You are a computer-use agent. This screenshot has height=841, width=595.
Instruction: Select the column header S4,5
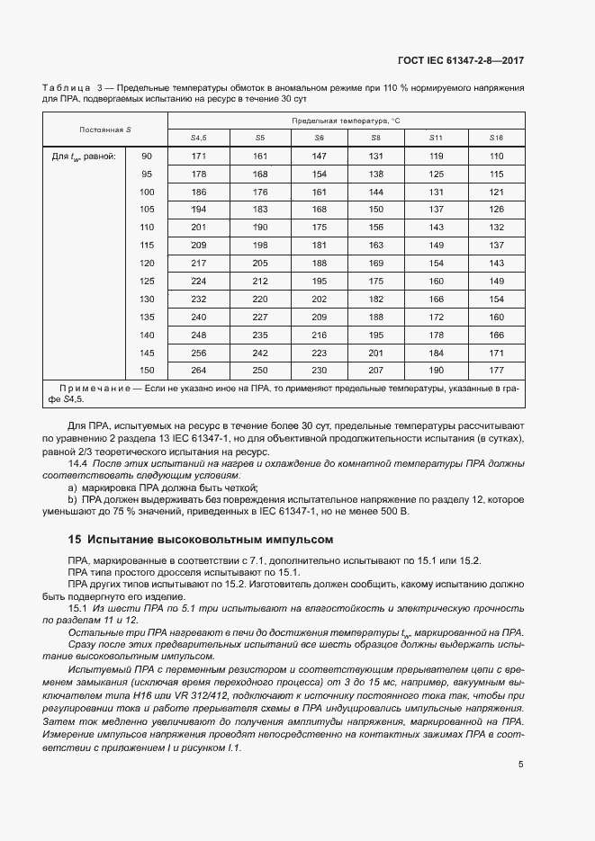(x=199, y=138)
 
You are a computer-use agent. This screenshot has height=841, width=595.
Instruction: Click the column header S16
(x=495, y=138)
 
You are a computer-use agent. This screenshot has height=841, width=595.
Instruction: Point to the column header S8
(x=375, y=138)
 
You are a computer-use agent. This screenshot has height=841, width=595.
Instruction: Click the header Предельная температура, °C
(x=346, y=120)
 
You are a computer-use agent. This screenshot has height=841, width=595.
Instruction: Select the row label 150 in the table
(x=148, y=370)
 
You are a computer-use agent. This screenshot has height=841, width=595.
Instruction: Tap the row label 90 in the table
(x=148, y=157)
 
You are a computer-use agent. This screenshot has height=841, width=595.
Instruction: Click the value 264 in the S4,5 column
(x=199, y=370)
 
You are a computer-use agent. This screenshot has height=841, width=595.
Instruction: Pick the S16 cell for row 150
(x=495, y=370)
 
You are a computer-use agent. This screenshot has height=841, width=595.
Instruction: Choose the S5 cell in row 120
(x=259, y=263)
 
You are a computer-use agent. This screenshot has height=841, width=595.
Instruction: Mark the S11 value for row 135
(x=436, y=317)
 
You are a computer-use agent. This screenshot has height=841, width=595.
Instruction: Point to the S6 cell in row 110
(x=319, y=227)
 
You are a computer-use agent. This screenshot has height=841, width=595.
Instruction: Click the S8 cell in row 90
(x=375, y=157)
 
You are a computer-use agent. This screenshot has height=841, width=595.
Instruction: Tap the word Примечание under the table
(x=96, y=387)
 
